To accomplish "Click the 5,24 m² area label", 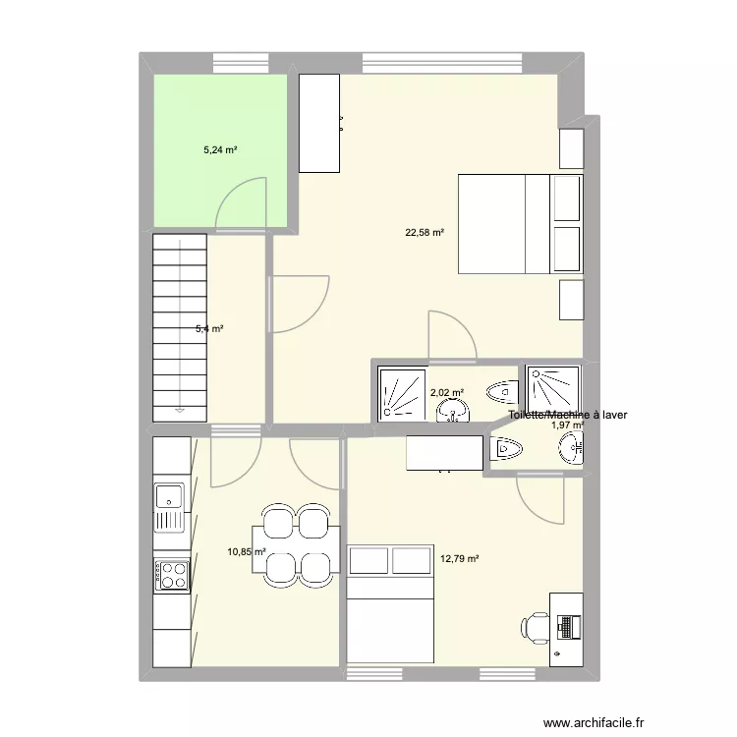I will click(x=221, y=150).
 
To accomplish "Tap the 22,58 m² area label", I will click(x=425, y=233).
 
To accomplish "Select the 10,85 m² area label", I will click(x=247, y=551).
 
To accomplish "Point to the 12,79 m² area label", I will click(x=460, y=559).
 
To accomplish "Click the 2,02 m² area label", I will click(x=446, y=393).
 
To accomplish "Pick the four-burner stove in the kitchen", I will click(x=171, y=575).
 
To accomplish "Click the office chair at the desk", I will click(x=536, y=625).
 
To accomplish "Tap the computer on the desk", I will click(x=568, y=624).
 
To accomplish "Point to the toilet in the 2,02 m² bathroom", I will click(x=503, y=391).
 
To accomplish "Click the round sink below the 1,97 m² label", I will click(x=571, y=451).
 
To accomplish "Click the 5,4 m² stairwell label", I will click(x=208, y=329).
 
